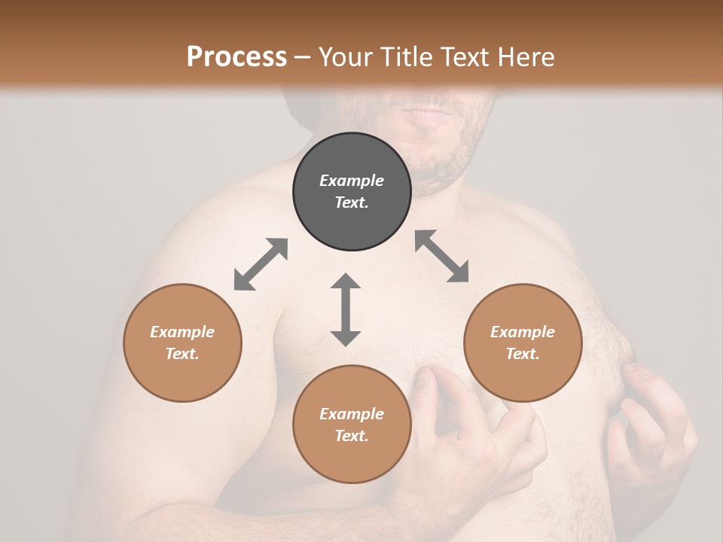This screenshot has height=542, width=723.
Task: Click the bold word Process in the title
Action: point(236,56)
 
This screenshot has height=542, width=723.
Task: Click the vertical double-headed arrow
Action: point(346,309)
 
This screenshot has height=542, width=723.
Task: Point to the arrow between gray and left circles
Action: point(261,264)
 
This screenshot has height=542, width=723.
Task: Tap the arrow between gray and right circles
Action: point(441,256)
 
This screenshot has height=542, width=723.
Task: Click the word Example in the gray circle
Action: point(352,181)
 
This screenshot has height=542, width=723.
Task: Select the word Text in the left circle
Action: point(182,354)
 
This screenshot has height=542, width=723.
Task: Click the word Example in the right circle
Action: point(523,332)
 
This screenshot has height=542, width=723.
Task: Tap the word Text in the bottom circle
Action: point(352,436)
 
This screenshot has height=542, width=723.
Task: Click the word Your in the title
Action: point(343,56)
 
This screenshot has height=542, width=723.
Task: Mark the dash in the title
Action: point(303,56)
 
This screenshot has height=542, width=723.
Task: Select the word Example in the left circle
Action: point(182,332)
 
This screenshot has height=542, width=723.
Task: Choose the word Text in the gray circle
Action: point(352,202)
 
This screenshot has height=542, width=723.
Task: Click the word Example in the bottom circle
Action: point(352,414)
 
